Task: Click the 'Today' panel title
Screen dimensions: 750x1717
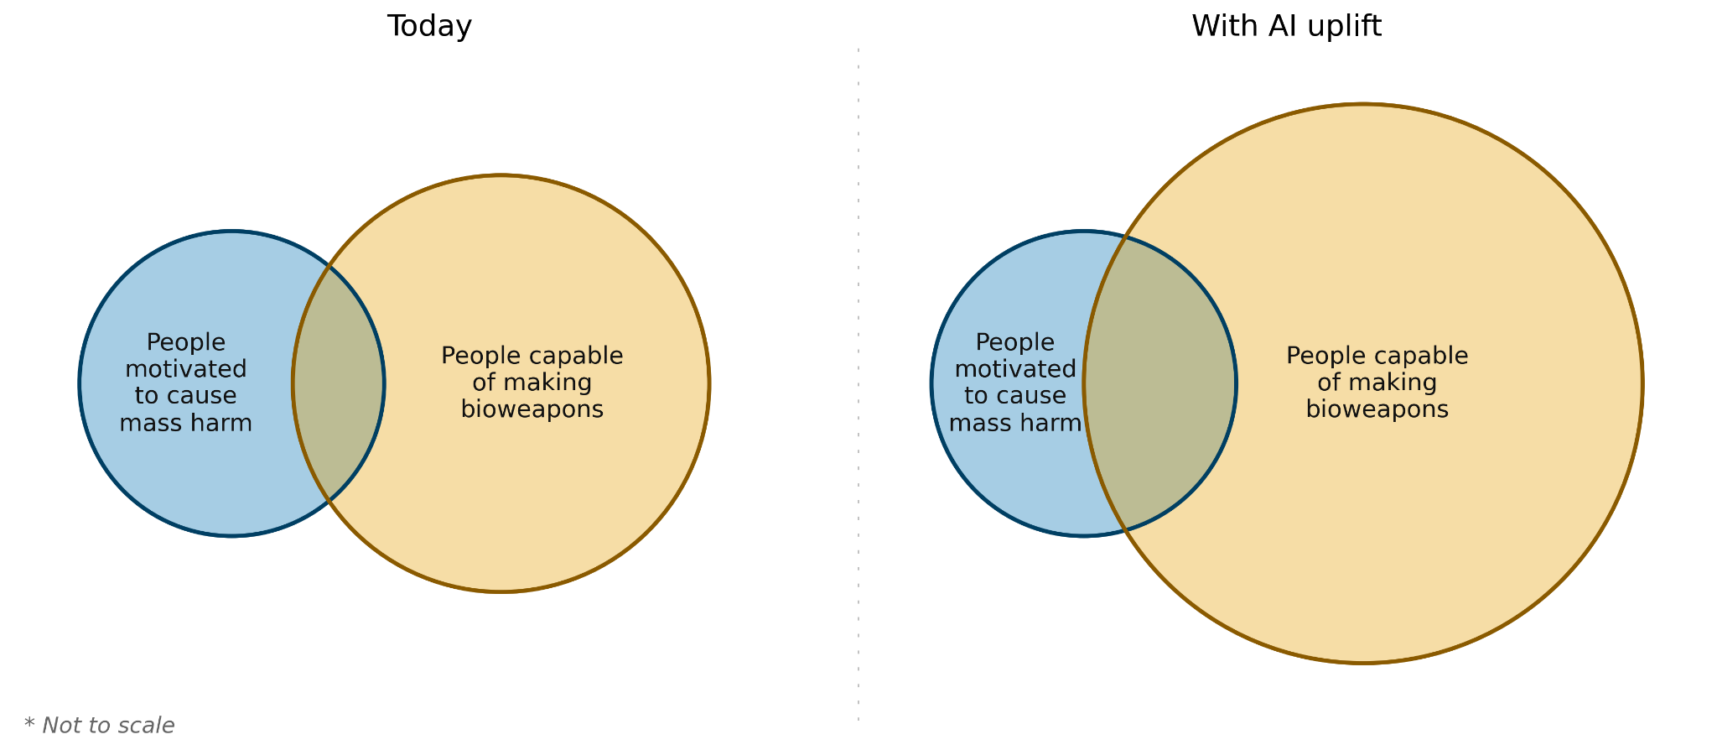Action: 429,27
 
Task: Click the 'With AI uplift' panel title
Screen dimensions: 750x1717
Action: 1286,27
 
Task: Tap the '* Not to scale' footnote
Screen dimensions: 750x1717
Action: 100,726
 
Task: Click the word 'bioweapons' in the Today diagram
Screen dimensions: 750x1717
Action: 532,409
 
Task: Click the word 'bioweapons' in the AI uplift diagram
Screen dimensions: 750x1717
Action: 1377,409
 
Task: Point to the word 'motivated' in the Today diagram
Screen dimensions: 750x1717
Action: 185,369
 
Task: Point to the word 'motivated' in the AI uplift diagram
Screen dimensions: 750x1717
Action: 1015,369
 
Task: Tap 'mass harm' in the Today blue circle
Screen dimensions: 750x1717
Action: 185,423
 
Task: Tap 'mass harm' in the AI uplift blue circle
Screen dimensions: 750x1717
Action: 1015,423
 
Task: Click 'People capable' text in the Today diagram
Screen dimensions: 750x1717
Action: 532,356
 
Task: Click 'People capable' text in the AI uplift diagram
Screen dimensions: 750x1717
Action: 1377,356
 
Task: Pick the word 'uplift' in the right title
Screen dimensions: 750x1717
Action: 1344,27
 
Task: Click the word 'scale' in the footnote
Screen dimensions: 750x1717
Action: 151,726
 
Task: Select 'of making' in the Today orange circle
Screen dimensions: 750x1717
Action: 532,383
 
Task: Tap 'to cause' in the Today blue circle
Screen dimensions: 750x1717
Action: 185,396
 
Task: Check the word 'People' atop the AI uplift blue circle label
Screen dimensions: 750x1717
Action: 1015,342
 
